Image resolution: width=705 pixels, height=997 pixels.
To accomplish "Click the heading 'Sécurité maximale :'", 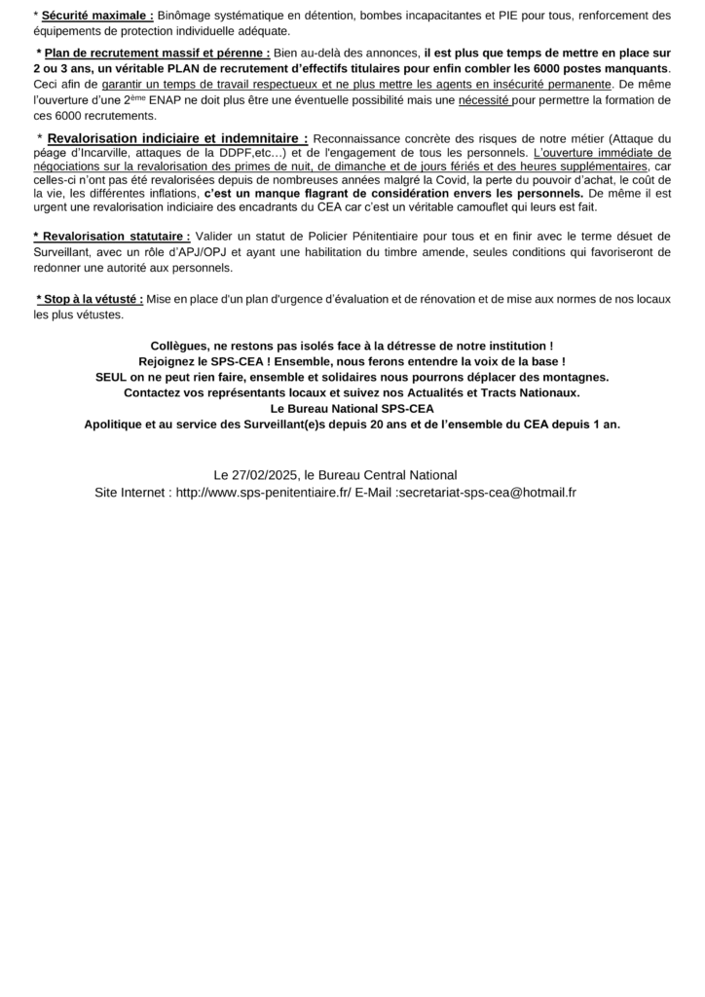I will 97,16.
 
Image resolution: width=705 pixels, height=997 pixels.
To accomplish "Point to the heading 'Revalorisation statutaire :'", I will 112,237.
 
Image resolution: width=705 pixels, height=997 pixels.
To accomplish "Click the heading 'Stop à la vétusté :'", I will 90,299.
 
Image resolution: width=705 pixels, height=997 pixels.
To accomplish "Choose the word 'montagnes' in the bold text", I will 577,377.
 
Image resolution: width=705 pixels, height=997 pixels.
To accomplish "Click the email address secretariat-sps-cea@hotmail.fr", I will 485,493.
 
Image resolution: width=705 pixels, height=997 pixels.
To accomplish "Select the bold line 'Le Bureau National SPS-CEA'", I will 352,408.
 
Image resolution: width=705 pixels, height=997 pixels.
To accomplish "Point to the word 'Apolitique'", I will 116,424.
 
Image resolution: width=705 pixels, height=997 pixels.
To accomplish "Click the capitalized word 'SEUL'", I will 113,377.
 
